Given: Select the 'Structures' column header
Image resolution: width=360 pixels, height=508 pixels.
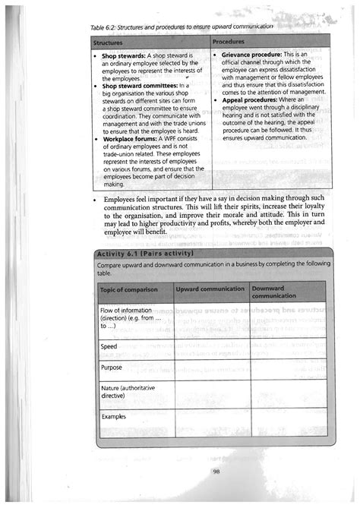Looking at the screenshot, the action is point(109,41).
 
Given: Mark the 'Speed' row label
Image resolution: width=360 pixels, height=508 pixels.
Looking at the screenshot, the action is point(109,346).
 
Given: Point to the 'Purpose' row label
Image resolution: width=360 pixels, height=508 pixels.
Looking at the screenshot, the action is point(112,368).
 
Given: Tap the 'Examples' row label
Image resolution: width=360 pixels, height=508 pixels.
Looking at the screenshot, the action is point(114,416).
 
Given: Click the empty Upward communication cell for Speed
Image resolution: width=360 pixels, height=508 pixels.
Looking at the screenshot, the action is point(210,347).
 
